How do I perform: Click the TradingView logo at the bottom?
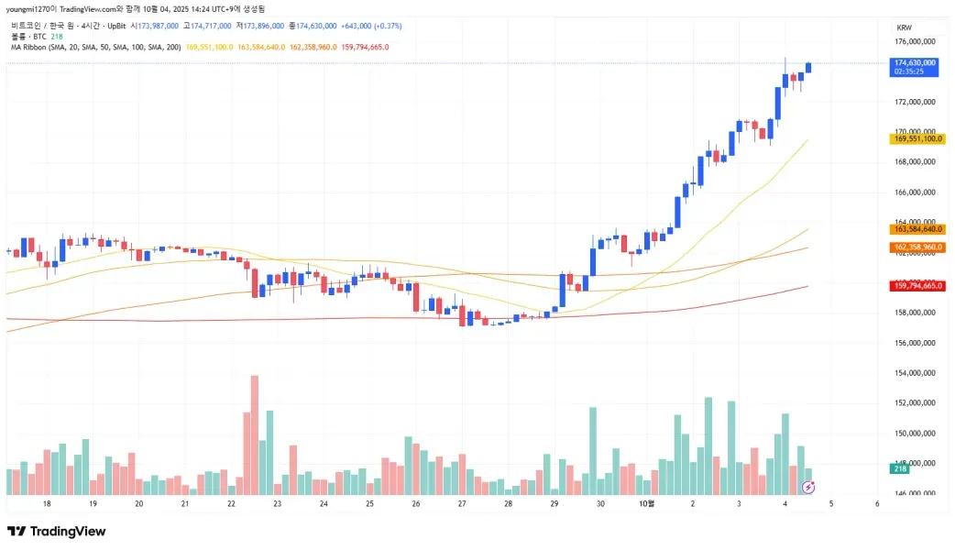57,532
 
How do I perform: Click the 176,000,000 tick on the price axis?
916,42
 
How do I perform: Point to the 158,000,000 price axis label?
916,313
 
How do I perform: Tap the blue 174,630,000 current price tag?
915,63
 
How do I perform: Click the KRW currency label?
904,28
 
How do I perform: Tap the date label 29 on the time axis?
554,504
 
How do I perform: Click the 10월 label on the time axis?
646,504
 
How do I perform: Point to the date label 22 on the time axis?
231,504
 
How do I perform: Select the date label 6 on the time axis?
877,504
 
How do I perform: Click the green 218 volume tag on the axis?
899,469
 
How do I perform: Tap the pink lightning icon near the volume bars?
807,486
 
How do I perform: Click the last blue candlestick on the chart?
807,67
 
